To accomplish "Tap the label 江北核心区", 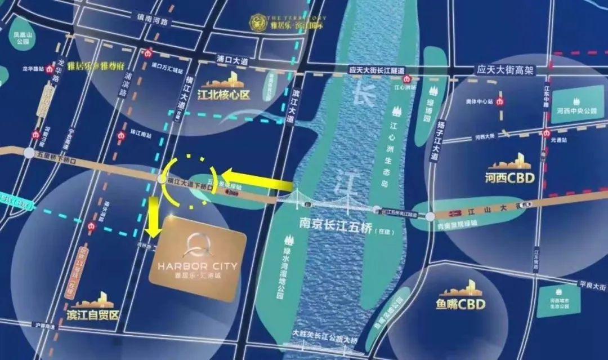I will tap(223, 95).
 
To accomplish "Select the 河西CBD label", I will tap(509, 179).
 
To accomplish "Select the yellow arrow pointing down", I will tap(152, 220).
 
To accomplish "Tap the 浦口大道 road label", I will tap(232, 59).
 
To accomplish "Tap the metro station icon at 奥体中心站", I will tap(500, 102).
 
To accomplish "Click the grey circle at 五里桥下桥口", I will tap(29, 153).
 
